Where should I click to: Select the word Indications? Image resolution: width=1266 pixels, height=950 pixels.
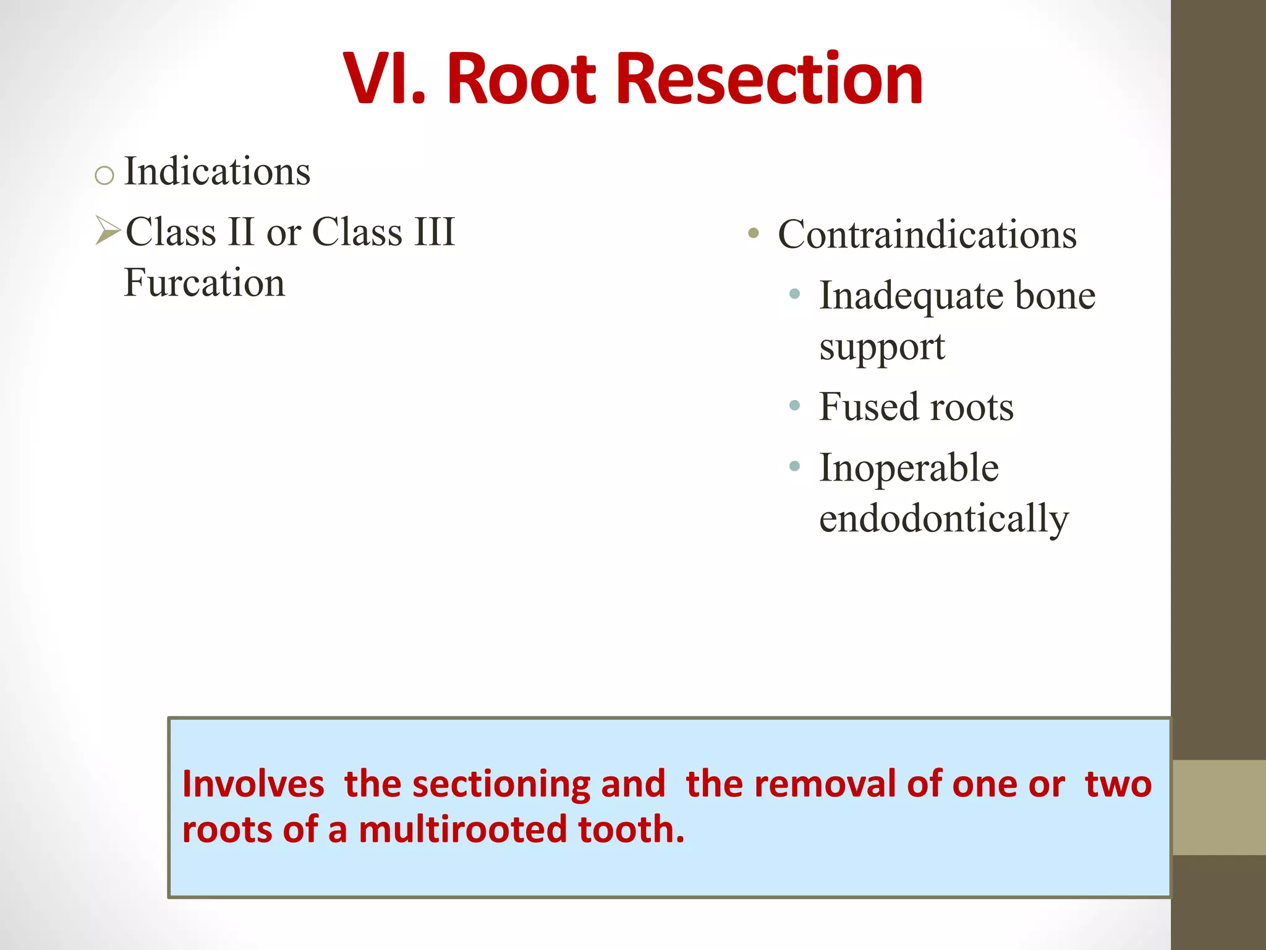point(217,171)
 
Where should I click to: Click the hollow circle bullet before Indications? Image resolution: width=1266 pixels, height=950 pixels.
point(104,176)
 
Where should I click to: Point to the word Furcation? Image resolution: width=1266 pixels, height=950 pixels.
point(205,283)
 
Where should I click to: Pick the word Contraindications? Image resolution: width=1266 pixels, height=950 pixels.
point(927,235)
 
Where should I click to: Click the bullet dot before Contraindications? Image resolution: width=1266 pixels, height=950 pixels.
point(753,234)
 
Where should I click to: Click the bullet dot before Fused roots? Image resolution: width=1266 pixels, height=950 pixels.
point(795,406)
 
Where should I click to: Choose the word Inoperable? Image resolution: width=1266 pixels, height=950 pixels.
point(909,468)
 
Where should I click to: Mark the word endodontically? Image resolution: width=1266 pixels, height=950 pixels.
point(943,518)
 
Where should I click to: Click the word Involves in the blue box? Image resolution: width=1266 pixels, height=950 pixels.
point(253,784)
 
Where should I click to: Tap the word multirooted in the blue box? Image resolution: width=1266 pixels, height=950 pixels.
point(462,829)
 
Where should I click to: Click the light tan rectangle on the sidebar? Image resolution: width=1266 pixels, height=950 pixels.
point(1218,807)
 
